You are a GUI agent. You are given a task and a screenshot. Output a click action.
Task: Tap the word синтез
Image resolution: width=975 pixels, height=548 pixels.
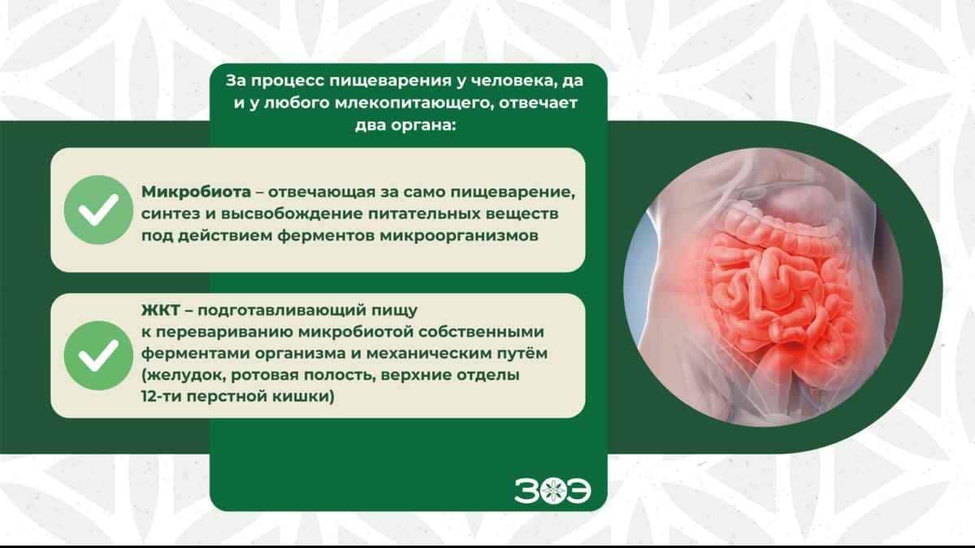point(166,214)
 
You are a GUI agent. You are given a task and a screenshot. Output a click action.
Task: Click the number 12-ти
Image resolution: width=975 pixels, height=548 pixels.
point(161,398)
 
